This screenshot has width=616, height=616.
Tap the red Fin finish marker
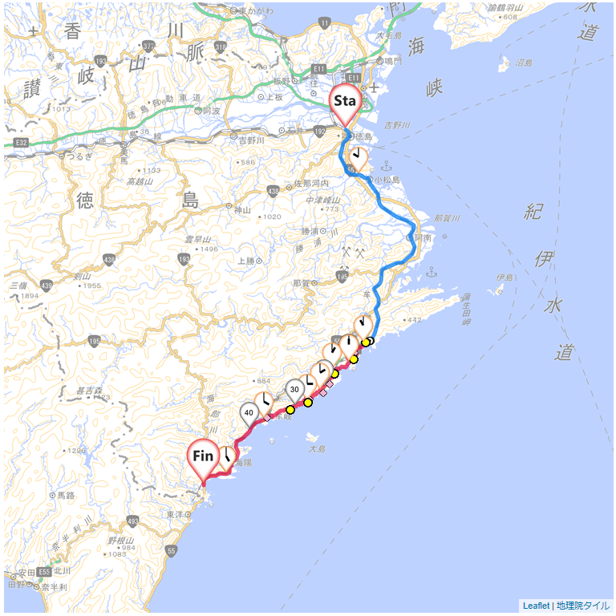click(204, 456)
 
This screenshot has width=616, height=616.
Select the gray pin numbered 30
click(295, 390)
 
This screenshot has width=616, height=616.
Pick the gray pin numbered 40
click(249, 413)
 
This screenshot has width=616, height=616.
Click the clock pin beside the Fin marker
click(228, 458)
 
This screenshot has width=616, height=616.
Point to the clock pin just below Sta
click(359, 158)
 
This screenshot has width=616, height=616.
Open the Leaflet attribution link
click(536, 606)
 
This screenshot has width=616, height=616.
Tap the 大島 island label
click(318, 448)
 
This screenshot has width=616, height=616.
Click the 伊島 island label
click(505, 278)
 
